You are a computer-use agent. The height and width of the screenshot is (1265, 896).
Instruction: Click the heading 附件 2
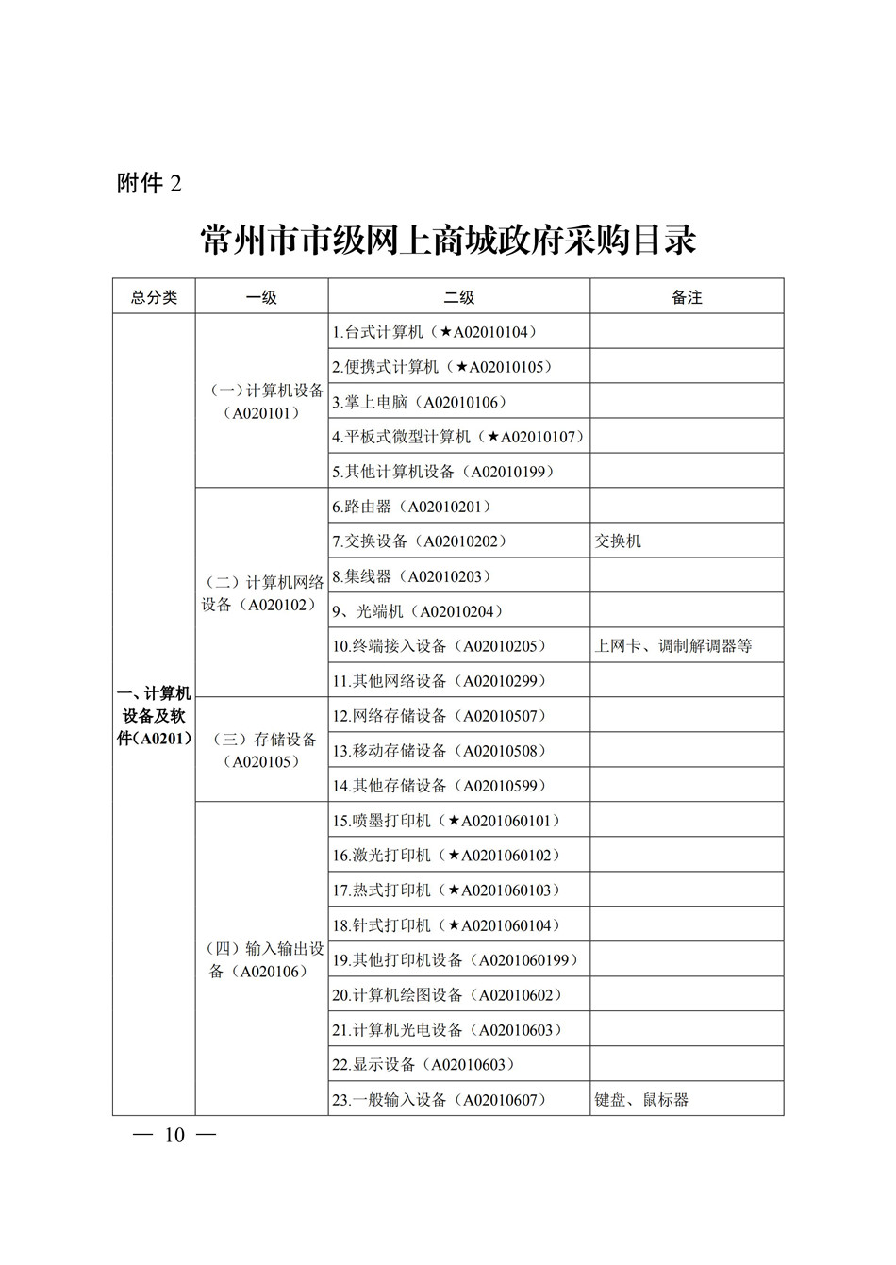coord(149,183)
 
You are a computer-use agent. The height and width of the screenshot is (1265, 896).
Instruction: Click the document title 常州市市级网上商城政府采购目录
coord(448,241)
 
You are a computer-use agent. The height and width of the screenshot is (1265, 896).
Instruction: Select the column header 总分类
coord(154,297)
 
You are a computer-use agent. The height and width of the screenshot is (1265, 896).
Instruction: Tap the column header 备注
coord(687,297)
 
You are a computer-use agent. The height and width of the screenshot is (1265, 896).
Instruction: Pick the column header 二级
coord(459,297)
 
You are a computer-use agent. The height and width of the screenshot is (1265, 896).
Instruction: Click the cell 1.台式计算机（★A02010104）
coord(434,332)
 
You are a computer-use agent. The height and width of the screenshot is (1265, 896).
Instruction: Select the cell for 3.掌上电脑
coord(419,402)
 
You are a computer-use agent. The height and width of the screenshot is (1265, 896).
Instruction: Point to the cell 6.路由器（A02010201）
coord(411,507)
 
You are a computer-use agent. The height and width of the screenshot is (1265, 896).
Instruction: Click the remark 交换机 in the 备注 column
coord(619,541)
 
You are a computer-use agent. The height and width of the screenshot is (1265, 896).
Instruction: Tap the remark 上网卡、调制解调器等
coord(673,646)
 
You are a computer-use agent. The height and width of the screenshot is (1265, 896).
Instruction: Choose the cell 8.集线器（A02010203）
coord(411,576)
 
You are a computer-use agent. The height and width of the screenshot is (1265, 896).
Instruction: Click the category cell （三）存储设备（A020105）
coord(262,750)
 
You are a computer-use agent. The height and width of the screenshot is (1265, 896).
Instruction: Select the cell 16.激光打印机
coord(446,856)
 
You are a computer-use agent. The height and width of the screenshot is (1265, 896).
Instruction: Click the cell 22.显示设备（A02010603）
coord(423,1065)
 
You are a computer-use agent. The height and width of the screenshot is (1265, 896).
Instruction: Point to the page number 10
coord(174,1135)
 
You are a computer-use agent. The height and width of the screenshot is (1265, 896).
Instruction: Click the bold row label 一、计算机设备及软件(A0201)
coord(154,716)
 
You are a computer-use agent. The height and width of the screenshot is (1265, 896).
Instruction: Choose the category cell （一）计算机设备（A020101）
coord(262,401)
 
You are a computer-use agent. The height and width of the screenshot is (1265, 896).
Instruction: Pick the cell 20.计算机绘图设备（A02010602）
coord(446,995)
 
